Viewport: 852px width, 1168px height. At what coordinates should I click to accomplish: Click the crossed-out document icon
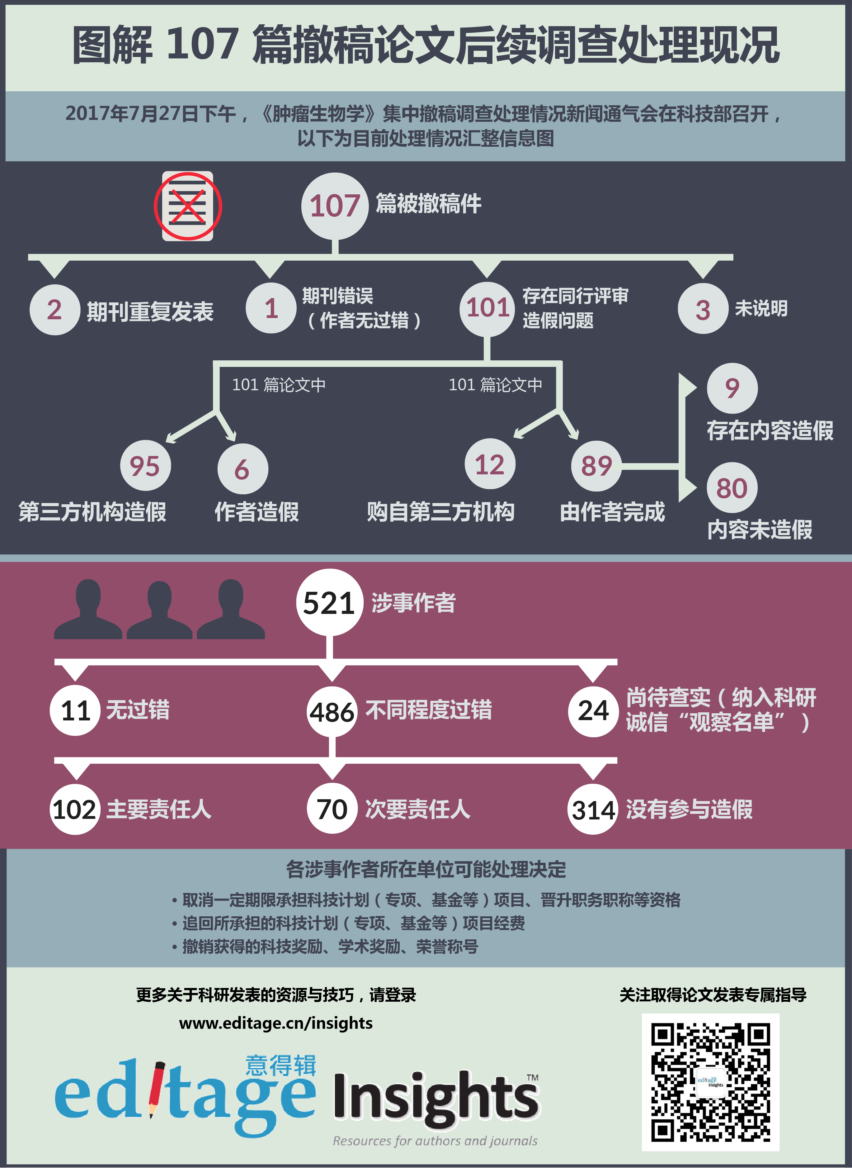[x=188, y=206]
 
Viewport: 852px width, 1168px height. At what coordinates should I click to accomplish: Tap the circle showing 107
[x=335, y=206]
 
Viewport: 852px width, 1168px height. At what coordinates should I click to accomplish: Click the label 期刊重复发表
[x=150, y=311]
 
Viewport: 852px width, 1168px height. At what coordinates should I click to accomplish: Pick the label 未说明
[x=761, y=309]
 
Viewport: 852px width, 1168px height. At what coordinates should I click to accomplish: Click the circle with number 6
[x=242, y=469]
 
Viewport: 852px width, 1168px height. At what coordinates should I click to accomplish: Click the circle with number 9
[x=732, y=388]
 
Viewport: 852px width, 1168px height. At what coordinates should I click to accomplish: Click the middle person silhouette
[x=159, y=610]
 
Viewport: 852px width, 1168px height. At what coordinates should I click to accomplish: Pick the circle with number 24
[x=593, y=711]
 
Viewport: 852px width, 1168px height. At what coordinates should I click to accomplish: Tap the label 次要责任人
[x=418, y=809]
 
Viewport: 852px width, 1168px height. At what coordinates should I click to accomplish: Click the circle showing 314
[x=593, y=809]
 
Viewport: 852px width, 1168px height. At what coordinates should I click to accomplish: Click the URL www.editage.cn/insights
[x=276, y=1023]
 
